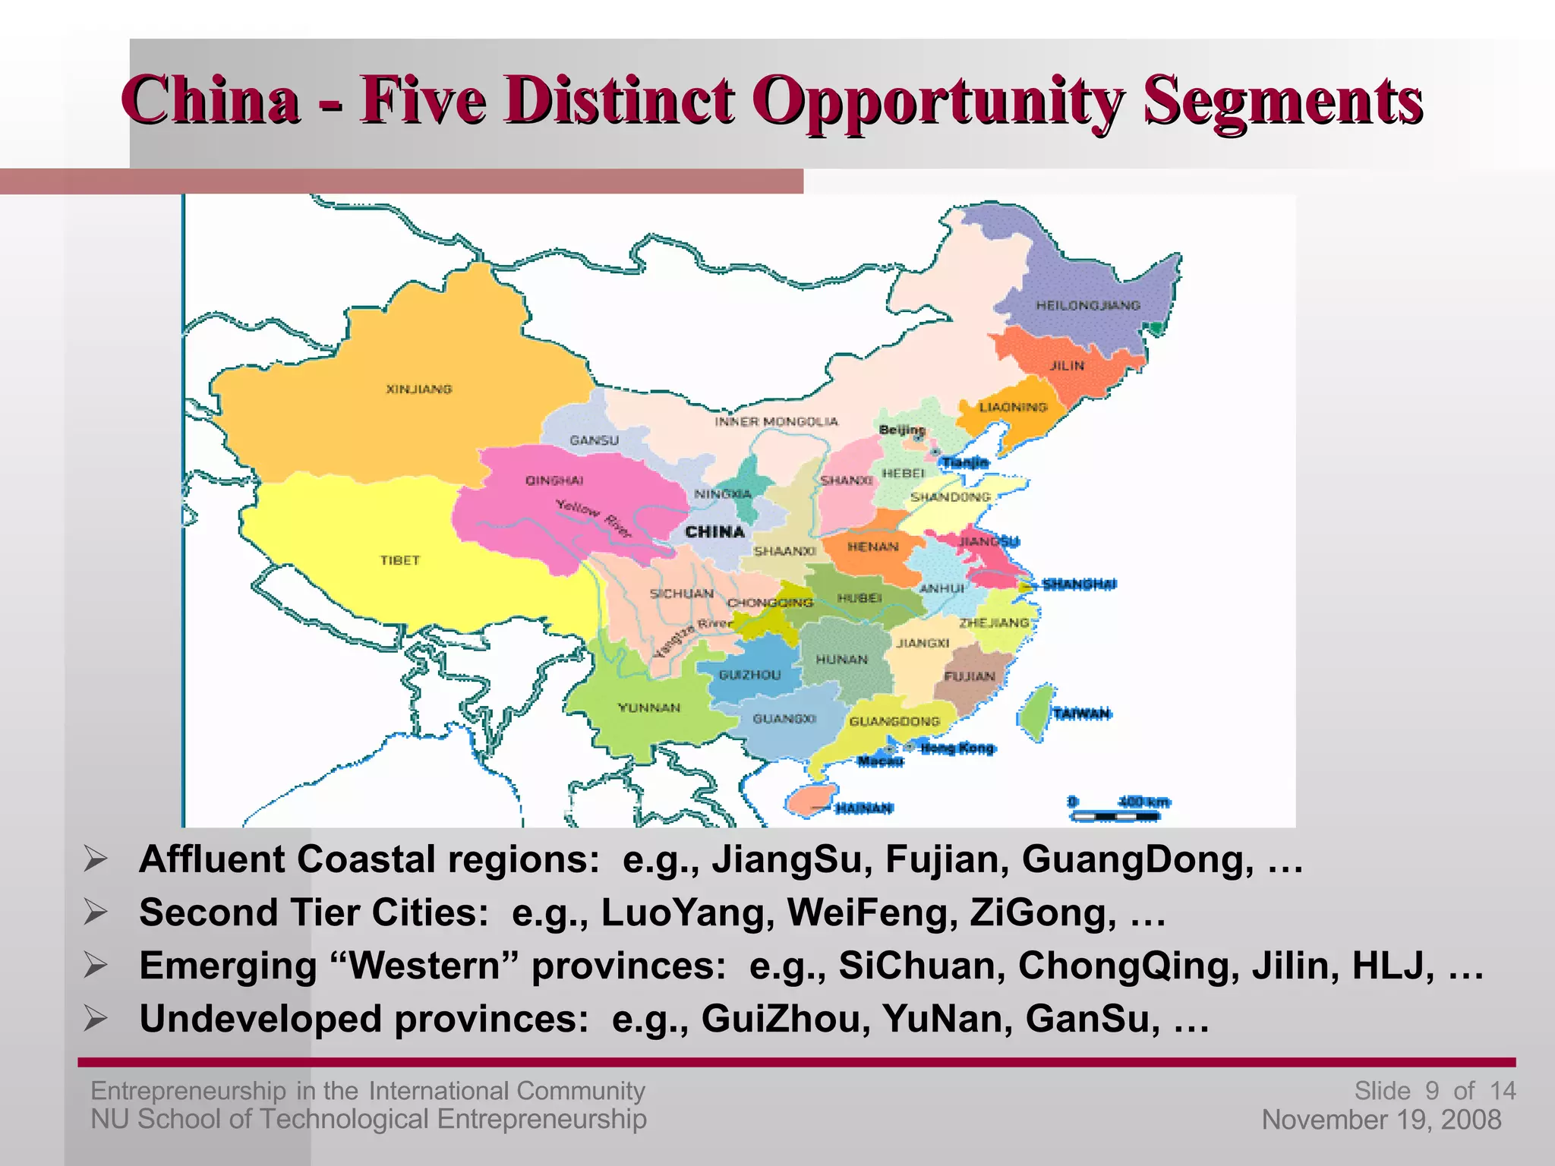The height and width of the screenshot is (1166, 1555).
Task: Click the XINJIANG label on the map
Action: tap(419, 389)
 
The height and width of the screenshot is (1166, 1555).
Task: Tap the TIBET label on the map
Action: tap(400, 560)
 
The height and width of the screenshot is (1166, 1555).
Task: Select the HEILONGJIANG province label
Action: tap(1088, 305)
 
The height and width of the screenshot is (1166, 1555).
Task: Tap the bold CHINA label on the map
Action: tap(714, 531)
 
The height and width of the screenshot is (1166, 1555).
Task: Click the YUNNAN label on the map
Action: tap(649, 707)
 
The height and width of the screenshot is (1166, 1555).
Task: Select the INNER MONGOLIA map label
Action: tap(776, 421)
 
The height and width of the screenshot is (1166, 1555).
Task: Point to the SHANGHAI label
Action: tap(1079, 584)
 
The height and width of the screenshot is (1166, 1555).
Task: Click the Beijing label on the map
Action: tap(902, 430)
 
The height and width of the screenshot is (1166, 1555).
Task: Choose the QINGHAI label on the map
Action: tap(554, 481)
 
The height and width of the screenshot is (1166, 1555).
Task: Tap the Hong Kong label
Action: tap(957, 748)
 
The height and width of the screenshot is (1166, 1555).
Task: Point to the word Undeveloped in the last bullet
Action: tap(260, 1019)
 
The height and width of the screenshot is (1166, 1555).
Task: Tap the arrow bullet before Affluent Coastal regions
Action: tap(96, 860)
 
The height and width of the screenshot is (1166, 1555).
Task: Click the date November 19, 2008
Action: tap(1381, 1120)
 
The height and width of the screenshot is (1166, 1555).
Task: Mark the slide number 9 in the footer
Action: tap(1431, 1091)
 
